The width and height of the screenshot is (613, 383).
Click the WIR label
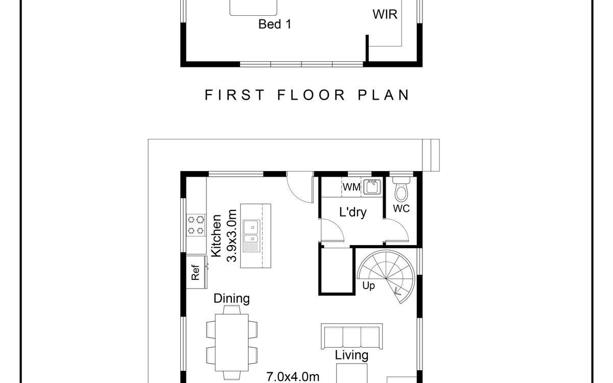385,14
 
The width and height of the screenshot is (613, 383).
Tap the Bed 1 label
275,24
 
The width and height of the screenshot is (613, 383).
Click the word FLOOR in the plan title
311,95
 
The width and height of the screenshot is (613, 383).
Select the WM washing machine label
351,187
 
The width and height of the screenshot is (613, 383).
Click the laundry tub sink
372,187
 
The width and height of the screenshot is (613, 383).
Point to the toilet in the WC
402,189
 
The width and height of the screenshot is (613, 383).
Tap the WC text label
401,208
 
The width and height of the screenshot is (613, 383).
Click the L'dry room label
353,212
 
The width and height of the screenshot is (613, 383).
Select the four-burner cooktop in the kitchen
196,225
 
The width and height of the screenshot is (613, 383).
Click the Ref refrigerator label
195,272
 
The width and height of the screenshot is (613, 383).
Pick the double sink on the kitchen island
251,235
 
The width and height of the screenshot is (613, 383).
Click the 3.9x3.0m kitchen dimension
231,236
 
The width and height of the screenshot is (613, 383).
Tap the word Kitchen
216,236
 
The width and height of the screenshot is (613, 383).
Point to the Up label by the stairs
368,285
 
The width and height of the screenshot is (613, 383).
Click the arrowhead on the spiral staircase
396,292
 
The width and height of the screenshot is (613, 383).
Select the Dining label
231,298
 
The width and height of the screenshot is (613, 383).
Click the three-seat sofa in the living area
351,337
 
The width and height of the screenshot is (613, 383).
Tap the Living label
351,355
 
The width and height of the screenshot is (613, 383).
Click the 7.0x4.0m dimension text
293,377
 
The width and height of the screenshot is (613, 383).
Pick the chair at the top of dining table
231,310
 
